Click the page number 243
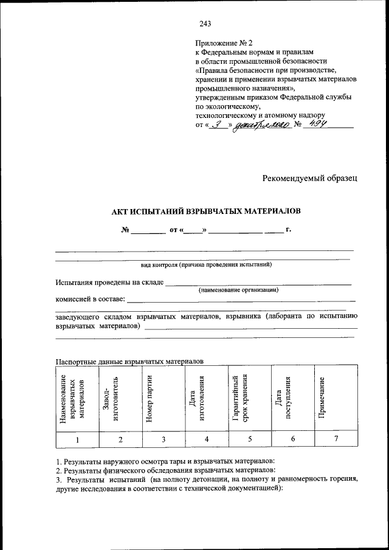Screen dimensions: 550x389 205,24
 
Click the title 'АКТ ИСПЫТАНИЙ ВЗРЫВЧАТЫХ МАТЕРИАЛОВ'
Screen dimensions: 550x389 205,211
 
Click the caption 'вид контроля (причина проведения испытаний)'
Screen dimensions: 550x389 205,265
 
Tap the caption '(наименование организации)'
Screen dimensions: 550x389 238,290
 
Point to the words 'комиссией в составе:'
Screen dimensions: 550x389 90,298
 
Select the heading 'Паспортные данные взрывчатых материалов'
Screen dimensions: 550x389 129,361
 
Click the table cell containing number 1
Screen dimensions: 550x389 77,439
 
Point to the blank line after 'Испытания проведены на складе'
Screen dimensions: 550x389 258,283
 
